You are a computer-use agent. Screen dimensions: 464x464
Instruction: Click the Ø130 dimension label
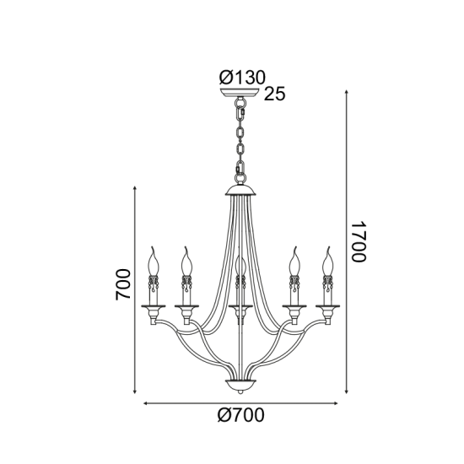point(242,76)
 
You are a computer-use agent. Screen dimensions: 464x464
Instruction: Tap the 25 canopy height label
point(275,94)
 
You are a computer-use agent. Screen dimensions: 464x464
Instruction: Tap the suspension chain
point(241,139)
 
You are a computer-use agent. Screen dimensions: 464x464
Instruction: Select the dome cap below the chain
point(241,189)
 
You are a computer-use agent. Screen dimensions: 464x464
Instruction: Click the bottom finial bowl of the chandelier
point(241,386)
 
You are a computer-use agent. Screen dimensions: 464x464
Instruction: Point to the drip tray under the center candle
point(241,305)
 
